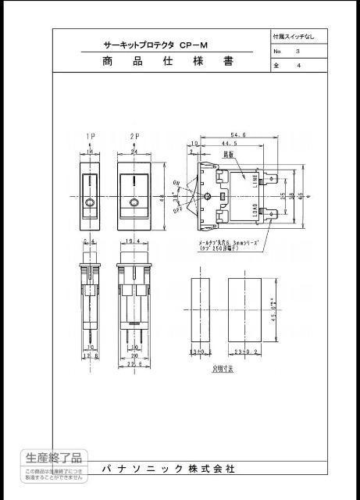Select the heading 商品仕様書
tap(168, 62)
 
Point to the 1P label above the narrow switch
tap(90, 137)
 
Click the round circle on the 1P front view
tap(91, 205)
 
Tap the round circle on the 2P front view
tap(134, 205)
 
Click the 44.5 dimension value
tap(230, 145)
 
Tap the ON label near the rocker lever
tap(176, 183)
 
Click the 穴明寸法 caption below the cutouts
tap(224, 365)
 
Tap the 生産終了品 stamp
tap(53, 458)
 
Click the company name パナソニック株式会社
tap(168, 469)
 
